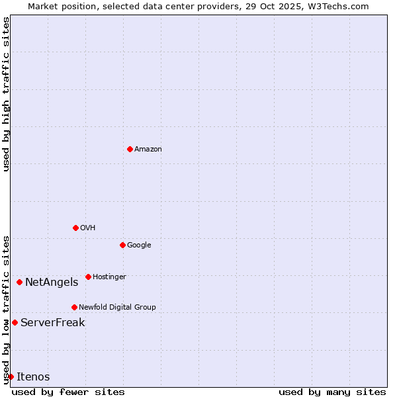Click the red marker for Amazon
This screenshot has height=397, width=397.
click(x=130, y=149)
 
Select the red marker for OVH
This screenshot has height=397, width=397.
click(x=75, y=228)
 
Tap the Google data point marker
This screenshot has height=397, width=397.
click(x=122, y=245)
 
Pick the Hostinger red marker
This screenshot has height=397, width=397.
click(x=88, y=277)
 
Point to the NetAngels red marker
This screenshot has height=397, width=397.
click(x=19, y=282)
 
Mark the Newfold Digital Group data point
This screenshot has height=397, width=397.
click(x=74, y=307)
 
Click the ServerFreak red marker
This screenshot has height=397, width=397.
click(x=15, y=322)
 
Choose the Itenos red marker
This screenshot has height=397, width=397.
click(x=11, y=376)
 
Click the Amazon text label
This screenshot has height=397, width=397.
click(x=148, y=150)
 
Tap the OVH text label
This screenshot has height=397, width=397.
click(x=88, y=228)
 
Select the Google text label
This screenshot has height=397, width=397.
click(x=139, y=245)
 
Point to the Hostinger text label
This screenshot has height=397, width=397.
click(x=109, y=277)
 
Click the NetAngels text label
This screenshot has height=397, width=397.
click(x=52, y=283)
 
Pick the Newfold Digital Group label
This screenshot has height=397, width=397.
click(x=117, y=308)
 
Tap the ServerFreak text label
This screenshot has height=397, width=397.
click(x=52, y=323)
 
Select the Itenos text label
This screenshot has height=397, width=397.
click(x=33, y=377)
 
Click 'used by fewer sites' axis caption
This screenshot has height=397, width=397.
click(x=68, y=392)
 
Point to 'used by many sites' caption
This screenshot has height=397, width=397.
click(x=332, y=392)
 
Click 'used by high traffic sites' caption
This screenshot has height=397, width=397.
click(x=6, y=94)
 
